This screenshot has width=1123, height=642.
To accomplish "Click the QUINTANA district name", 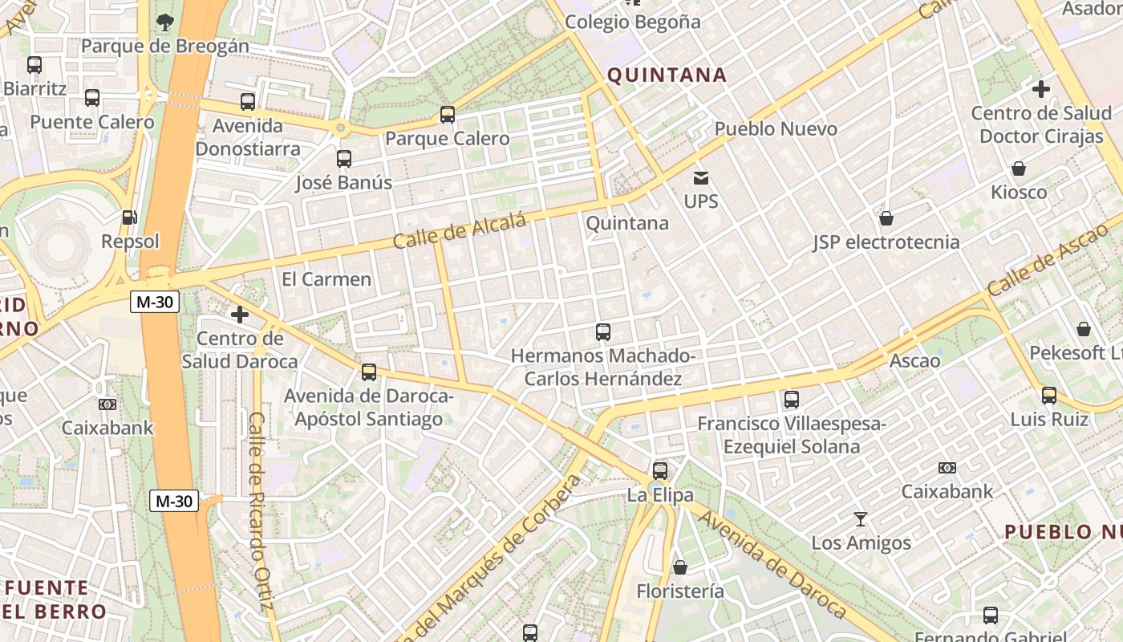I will pos(667,75).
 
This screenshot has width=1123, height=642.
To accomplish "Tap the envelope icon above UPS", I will pos(701,177).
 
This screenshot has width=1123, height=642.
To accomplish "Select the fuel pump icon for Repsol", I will pos(128,217).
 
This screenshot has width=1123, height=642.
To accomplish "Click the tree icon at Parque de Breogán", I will pos(164,22).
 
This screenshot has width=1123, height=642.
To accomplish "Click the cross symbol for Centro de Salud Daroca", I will pos(240,314).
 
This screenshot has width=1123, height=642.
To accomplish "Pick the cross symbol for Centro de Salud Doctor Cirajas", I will pos(1041,89).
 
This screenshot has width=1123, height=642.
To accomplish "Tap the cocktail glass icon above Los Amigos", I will pos(861,518).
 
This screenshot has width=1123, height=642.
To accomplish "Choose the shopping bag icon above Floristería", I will pos(680,567).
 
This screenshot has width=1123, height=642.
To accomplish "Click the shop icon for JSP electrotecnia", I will pos(886,218).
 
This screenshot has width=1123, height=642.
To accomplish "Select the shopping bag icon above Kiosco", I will pos(1019,169).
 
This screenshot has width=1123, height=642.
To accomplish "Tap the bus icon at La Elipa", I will pos(660,471).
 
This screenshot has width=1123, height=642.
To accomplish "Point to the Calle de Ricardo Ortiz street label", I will pos(261,514).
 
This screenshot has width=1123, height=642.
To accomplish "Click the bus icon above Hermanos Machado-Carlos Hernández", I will pos(603,331).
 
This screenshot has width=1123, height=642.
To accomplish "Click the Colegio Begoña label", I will pos(633,22).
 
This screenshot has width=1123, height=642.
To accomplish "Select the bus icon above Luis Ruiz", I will pos(1049,395).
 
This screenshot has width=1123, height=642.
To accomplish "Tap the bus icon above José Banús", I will pos(344,158).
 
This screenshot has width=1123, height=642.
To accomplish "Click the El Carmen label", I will pos(326,279).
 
